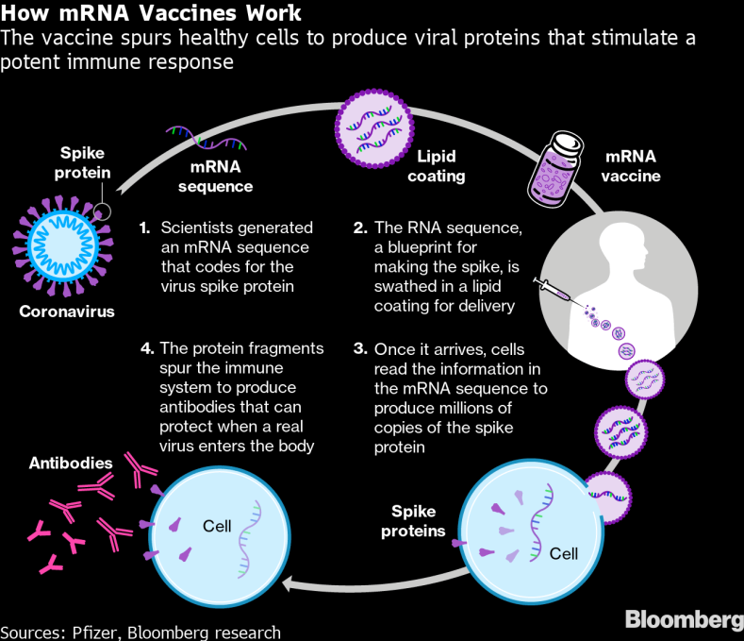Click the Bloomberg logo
pos(684,620)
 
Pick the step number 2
pos(359,228)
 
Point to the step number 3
pos(359,349)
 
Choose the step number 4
pos(145,349)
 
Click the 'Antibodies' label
pos(71,464)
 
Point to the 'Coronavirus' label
pos(66,312)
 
